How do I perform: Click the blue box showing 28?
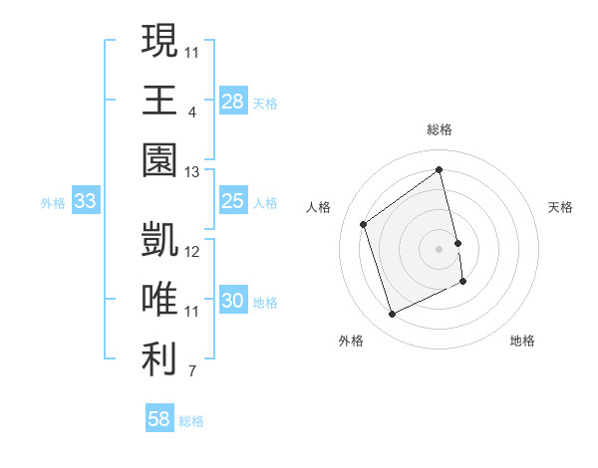tap(233, 102)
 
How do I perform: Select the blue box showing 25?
tap(233, 202)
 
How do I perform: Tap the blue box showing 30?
tap(233, 302)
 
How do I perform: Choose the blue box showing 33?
tap(86, 202)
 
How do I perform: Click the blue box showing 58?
tap(159, 419)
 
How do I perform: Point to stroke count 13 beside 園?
tap(192, 172)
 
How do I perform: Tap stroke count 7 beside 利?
tap(192, 372)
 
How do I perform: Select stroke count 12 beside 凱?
tap(192, 251)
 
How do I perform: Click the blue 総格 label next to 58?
tap(191, 421)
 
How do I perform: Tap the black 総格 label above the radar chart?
tap(440, 129)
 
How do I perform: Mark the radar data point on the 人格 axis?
tap(364, 224)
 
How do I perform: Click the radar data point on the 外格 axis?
tap(392, 315)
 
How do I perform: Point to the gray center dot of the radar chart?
tap(440, 248)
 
